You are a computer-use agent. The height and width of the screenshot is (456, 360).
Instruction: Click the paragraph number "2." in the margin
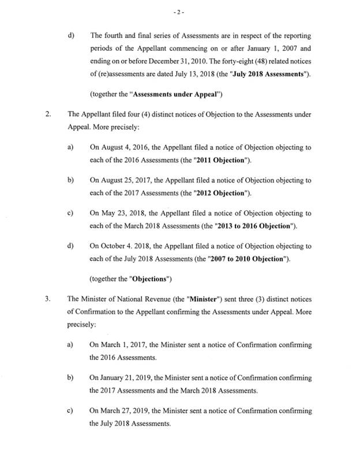(x=48, y=115)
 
